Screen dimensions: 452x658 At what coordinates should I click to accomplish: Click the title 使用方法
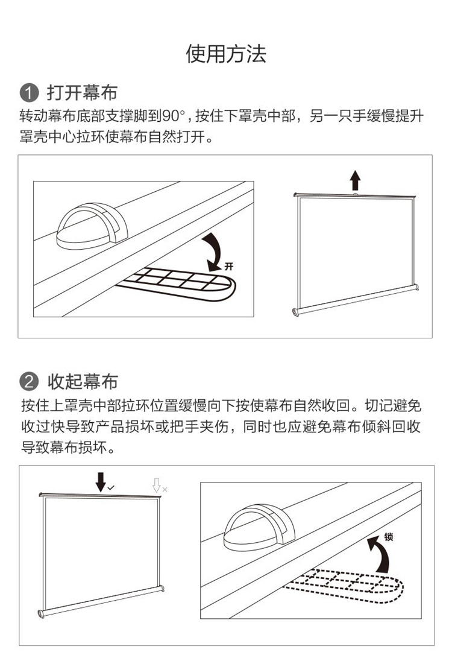point(226,54)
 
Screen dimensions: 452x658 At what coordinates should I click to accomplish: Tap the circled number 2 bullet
point(29,381)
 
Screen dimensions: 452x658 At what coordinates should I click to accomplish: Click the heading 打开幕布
point(82,92)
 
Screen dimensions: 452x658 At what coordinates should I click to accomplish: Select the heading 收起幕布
point(83,381)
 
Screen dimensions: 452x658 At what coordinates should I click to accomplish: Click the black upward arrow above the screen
point(356,180)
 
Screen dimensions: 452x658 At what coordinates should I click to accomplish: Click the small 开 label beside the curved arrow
point(228,267)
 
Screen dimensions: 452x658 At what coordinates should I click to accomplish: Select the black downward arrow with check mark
point(101,482)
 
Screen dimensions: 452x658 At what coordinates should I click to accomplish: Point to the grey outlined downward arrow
point(157,485)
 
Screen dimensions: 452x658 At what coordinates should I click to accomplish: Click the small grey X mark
point(165,489)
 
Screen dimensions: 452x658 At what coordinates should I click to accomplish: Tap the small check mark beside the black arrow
point(111,488)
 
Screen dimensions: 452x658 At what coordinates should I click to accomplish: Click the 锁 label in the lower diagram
point(389,537)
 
